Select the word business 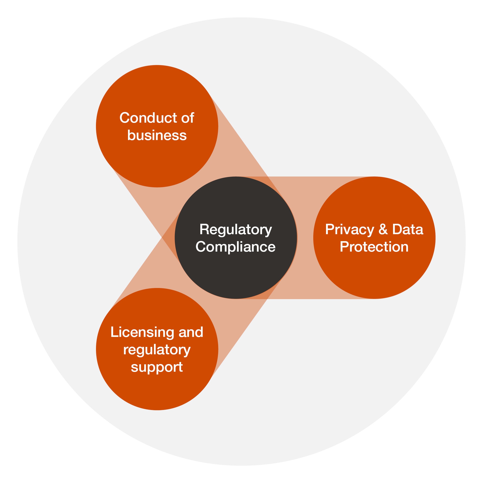pyautogui.click(x=157, y=135)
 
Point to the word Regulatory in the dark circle pyautogui.click(x=236, y=230)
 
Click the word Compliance pyautogui.click(x=236, y=247)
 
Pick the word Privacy pyautogui.click(x=349, y=230)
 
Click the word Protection pyautogui.click(x=374, y=247)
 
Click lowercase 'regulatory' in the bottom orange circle pyautogui.click(x=157, y=350)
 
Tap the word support pyautogui.click(x=157, y=368)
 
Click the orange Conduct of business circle pyautogui.click(x=157, y=160)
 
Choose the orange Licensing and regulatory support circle pyautogui.click(x=157, y=390)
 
